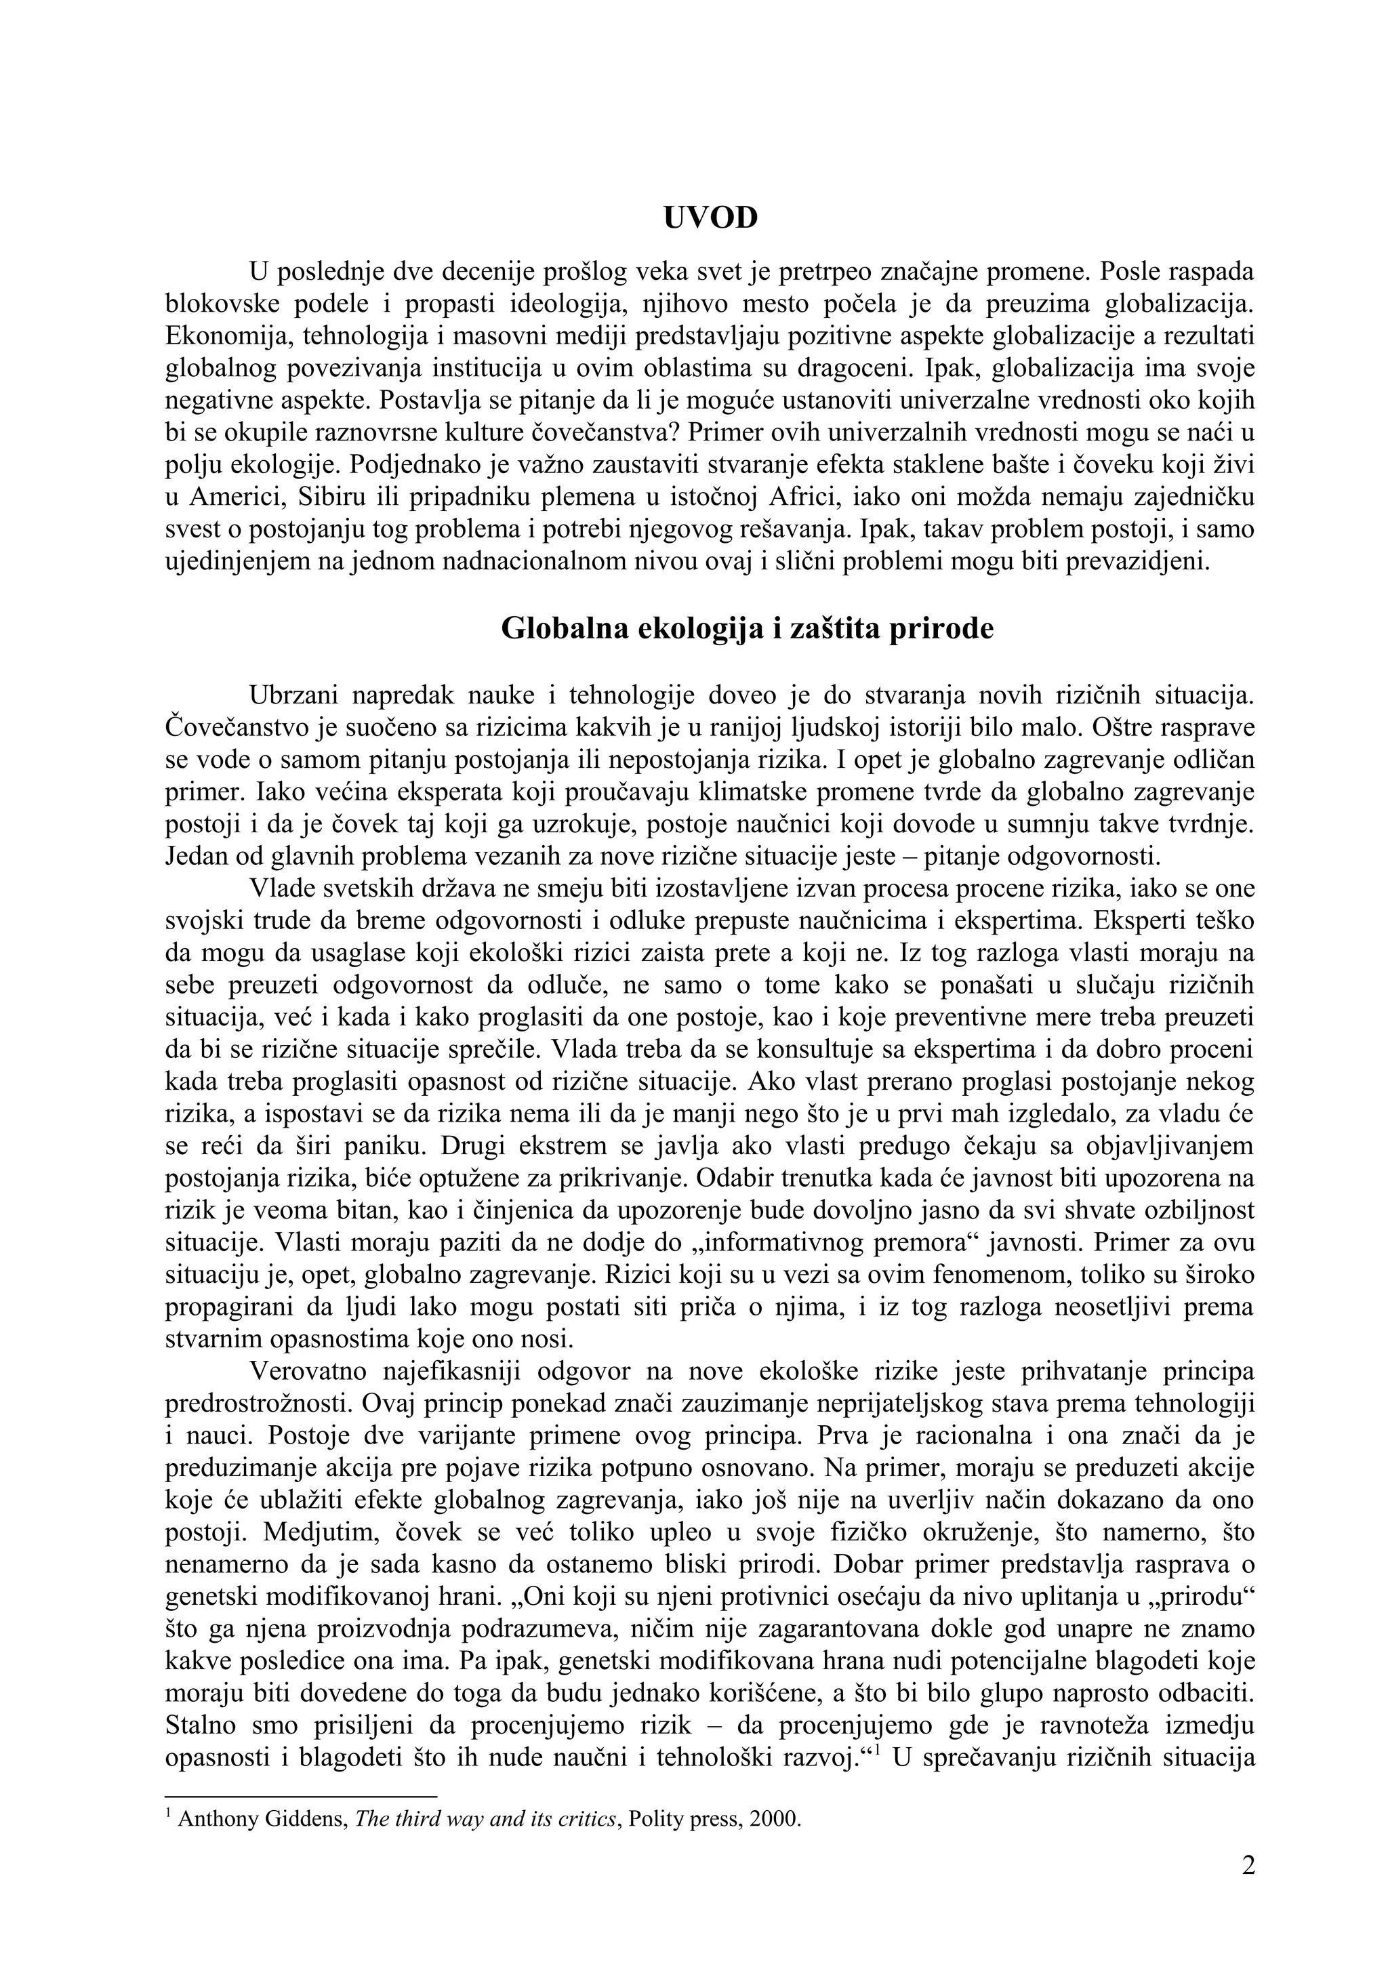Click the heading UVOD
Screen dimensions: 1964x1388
[x=710, y=218]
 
